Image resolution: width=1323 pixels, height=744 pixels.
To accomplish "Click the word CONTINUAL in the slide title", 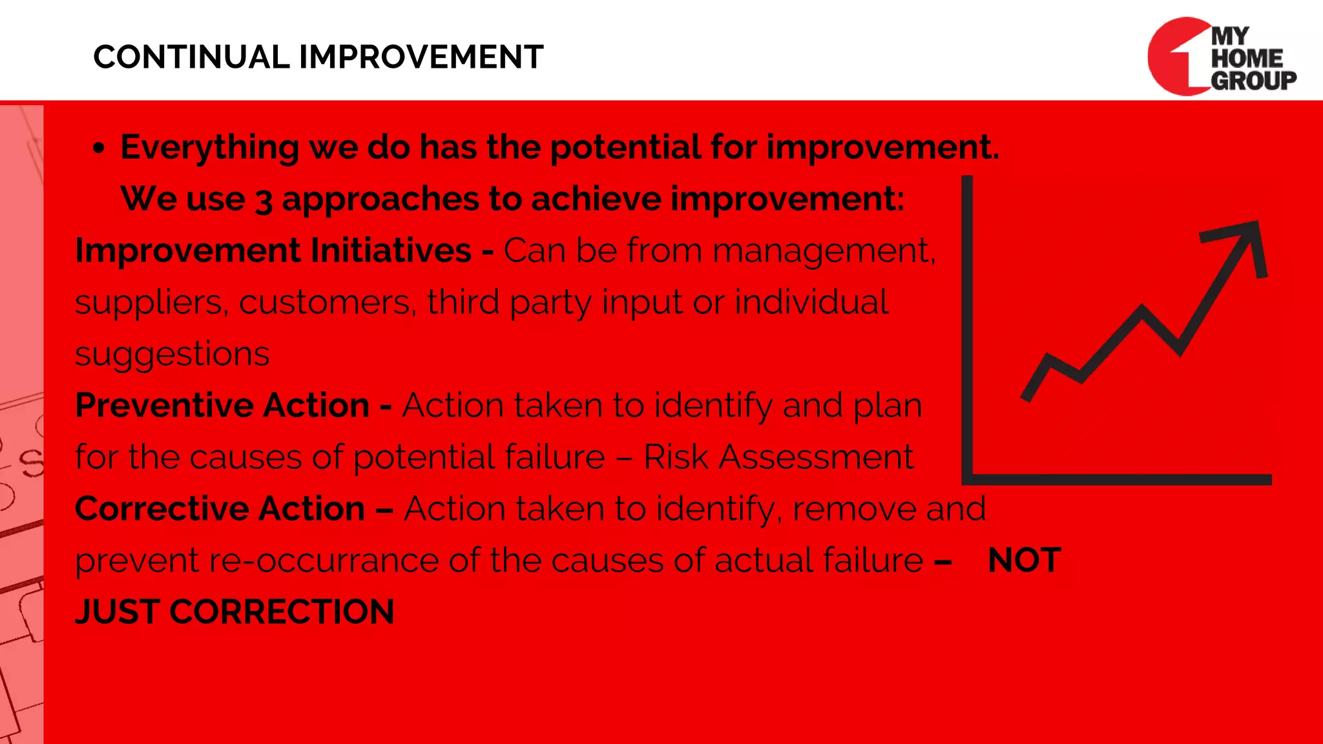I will click(x=192, y=57).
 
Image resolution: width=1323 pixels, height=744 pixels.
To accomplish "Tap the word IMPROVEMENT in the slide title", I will click(x=421, y=57).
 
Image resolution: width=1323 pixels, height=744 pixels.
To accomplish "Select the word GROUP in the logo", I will click(x=1253, y=80).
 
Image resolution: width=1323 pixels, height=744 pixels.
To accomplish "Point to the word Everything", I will click(x=209, y=147).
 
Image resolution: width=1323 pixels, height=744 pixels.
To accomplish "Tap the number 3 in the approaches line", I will click(x=263, y=200).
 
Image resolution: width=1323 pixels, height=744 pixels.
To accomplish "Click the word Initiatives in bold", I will click(x=391, y=251).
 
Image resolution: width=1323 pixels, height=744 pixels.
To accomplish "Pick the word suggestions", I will click(x=172, y=354).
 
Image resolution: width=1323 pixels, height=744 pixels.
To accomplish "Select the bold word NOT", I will click(x=1025, y=560).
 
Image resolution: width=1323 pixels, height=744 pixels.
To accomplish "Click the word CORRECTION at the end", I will click(x=282, y=612).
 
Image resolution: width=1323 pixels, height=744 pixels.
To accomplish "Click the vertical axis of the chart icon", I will click(x=967, y=323).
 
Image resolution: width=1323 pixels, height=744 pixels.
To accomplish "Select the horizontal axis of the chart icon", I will click(x=1118, y=479).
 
